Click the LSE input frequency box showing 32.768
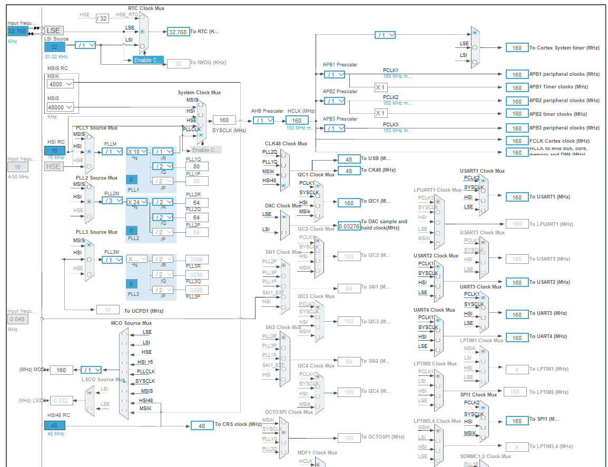18,32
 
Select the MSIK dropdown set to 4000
61,84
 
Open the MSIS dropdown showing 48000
61,107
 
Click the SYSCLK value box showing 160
224,120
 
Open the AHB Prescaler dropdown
263,121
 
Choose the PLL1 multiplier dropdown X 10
136,152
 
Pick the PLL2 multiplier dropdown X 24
136,202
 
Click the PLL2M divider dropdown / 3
112,201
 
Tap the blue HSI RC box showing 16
54,151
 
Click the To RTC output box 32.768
178,32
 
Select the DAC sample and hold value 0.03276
349,225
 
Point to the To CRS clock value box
202,425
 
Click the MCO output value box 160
62,370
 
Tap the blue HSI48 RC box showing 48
54,425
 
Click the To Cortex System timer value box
517,48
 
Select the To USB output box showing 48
349,159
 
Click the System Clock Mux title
199,93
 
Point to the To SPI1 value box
517,421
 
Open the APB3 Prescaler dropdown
335,128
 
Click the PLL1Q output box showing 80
197,167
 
